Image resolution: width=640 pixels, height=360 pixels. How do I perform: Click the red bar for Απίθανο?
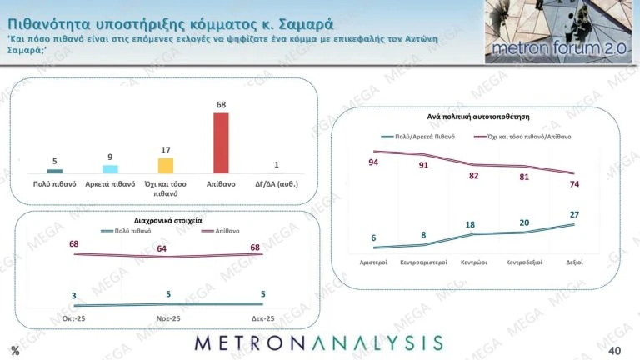[x=221, y=142]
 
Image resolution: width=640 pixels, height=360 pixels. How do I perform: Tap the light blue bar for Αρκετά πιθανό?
[x=110, y=169]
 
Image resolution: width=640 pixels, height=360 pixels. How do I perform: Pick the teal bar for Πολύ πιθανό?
[x=54, y=171]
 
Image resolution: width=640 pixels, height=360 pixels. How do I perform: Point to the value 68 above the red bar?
[x=221, y=105]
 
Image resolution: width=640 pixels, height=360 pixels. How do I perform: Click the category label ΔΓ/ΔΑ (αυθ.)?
[x=276, y=182]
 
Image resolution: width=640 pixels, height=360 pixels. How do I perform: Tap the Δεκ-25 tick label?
[x=263, y=318]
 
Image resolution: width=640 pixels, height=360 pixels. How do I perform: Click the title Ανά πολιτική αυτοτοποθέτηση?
[x=474, y=117]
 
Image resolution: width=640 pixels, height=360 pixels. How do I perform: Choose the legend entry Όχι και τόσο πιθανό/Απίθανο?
[x=523, y=136]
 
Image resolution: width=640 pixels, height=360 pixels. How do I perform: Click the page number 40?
[x=616, y=349]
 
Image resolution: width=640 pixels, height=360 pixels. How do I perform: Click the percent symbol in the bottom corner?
[x=15, y=349]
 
